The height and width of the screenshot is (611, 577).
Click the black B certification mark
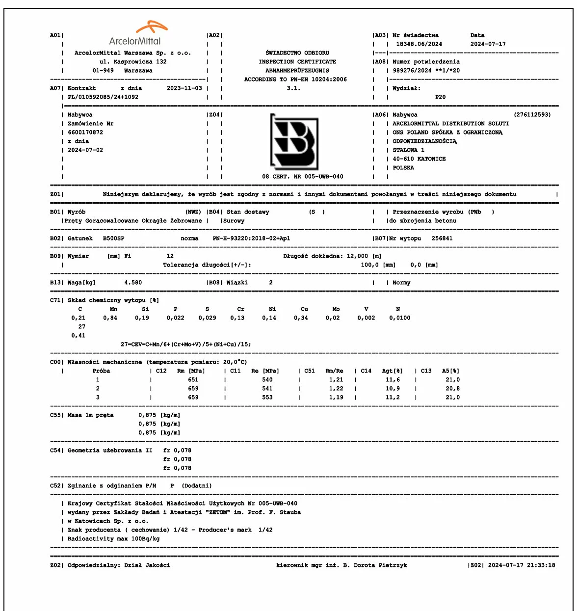[x=294, y=141]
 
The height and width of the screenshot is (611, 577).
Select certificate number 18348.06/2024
[x=419, y=44]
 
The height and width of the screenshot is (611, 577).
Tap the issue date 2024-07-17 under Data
[x=488, y=44]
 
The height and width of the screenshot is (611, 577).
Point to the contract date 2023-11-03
[x=184, y=88]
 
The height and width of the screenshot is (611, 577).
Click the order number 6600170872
[x=85, y=133]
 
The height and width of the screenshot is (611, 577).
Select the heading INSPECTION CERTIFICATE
[x=297, y=62]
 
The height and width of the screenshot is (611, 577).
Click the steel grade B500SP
[x=113, y=239]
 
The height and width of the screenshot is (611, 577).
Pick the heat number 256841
[x=442, y=239]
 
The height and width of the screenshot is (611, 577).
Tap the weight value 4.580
[x=133, y=283]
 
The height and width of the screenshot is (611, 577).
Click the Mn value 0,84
[x=110, y=318]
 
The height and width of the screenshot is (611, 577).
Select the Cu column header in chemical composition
[x=304, y=309]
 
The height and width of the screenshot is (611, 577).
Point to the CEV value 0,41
[x=78, y=336]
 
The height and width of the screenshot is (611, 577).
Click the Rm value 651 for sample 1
[x=193, y=380]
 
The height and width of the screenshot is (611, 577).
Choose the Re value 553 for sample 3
[x=267, y=398]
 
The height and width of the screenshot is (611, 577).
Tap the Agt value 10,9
[x=393, y=389]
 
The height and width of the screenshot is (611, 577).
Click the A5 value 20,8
[x=452, y=389]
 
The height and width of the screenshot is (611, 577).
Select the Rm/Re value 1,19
[x=336, y=398]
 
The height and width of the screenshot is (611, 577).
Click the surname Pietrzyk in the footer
[x=393, y=565]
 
